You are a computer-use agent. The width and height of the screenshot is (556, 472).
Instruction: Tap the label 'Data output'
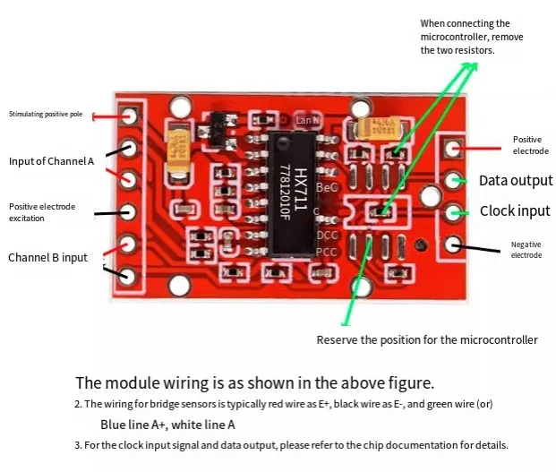tap(516, 180)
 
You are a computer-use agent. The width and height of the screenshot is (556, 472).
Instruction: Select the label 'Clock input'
tap(515, 211)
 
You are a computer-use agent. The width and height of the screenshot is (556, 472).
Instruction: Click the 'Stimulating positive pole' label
tap(46, 114)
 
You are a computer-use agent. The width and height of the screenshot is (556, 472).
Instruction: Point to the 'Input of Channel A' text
tap(51, 161)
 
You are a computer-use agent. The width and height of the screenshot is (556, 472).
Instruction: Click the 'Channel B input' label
tap(47, 257)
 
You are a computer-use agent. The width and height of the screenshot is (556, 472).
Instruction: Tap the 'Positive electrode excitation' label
tap(42, 212)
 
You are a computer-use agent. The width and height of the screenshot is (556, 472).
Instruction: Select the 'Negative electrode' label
tap(526, 249)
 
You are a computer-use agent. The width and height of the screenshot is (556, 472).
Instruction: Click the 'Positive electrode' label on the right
tap(526, 144)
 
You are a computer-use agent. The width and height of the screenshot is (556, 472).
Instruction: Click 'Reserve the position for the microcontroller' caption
tap(427, 339)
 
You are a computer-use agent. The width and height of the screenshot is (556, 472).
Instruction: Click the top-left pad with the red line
tap(131, 116)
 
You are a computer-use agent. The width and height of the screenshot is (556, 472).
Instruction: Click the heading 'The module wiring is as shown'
tap(254, 382)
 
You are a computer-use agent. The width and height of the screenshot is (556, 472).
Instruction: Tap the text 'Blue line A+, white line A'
tap(167, 425)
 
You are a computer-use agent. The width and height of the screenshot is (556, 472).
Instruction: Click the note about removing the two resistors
tap(472, 37)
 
